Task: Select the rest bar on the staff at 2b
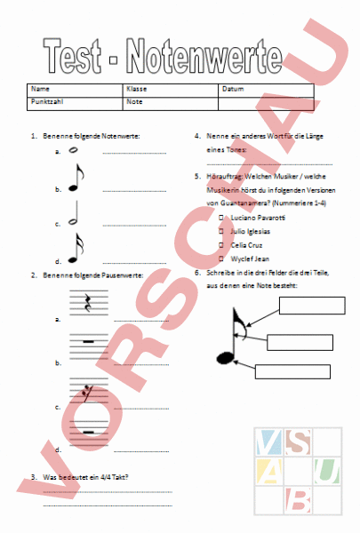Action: click(88, 341)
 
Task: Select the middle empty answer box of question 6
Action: click(300, 343)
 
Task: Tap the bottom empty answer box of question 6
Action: click(292, 372)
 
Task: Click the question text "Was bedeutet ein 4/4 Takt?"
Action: click(84, 477)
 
